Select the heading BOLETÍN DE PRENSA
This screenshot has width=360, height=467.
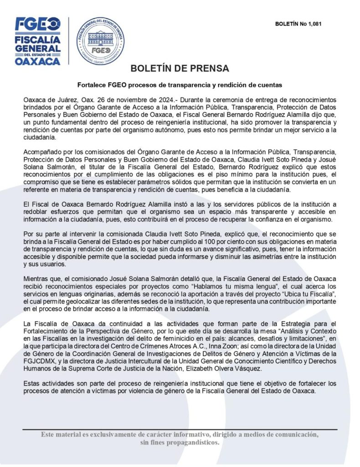click(180, 69)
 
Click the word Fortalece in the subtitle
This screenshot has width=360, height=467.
click(91, 85)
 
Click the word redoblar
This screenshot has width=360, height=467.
click(36, 212)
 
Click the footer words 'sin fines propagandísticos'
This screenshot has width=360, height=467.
click(180, 443)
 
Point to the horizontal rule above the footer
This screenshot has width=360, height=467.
click(180, 429)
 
